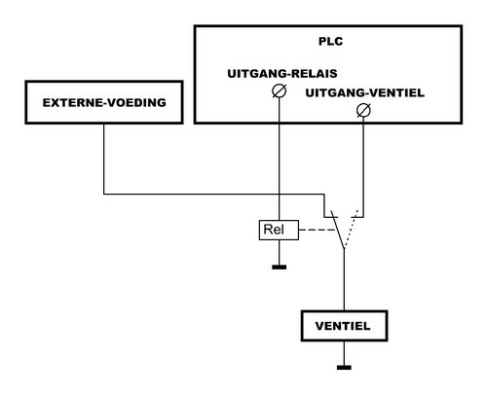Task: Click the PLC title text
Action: point(330,42)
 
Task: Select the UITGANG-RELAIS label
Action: point(282,74)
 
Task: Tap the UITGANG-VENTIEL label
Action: point(365,93)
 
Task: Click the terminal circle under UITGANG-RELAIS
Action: point(280,91)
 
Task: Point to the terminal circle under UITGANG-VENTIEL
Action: point(363,110)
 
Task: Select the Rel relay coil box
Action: point(279,230)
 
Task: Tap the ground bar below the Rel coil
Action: point(280,268)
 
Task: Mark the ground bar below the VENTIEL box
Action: point(344,368)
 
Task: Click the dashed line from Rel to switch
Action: point(318,230)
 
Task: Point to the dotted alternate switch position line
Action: point(351,230)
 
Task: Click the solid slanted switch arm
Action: point(337,230)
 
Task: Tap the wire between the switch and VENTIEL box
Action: point(344,279)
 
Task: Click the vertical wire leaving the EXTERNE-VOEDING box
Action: point(104,159)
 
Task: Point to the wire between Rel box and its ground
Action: point(280,253)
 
